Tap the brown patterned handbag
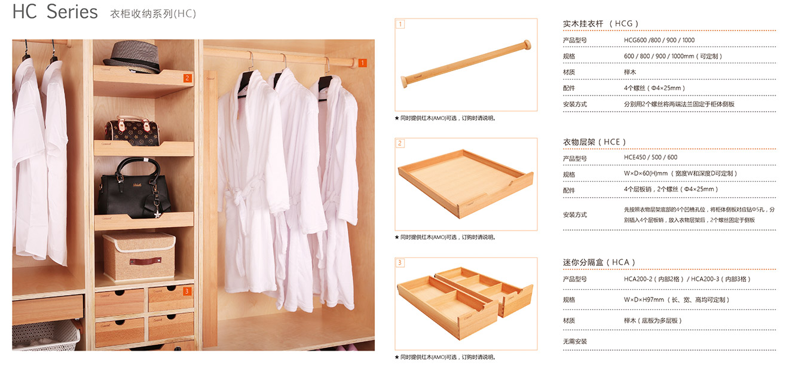tap(131, 131)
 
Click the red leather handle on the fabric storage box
tap(145, 261)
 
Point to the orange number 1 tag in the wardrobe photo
tap(362, 63)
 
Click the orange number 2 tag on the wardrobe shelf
tap(188, 78)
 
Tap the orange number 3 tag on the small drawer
tap(187, 291)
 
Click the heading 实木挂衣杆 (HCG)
tap(600, 23)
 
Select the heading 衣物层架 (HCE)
tap(594, 142)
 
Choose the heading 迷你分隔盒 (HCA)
tap(599, 262)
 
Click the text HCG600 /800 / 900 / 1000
tap(659, 40)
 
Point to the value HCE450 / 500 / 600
tap(650, 157)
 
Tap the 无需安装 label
tap(574, 341)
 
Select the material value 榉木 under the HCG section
tap(630, 72)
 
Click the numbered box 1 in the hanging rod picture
tap(400, 24)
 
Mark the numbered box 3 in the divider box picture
tap(400, 263)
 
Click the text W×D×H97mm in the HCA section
tap(644, 300)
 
